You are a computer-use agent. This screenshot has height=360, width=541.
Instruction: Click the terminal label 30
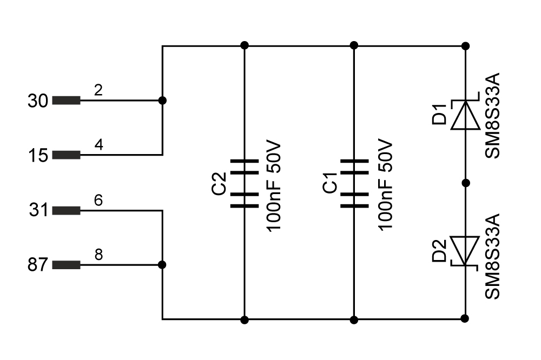coord(38,101)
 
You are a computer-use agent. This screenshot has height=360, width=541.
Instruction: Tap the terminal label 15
coord(38,156)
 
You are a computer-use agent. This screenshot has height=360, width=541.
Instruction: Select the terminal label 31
coord(38,210)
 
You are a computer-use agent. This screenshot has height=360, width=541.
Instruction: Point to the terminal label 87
coord(37,265)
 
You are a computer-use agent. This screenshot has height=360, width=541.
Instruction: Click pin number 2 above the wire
coord(98,90)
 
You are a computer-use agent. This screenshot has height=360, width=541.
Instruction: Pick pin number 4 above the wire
coord(98,145)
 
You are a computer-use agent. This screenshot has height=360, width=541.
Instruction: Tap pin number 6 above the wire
coord(98,200)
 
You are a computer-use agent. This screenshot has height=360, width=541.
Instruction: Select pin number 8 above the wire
coord(98,255)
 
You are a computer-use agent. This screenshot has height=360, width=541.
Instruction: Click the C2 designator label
coord(219,183)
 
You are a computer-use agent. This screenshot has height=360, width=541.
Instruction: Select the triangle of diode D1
coord(465,115)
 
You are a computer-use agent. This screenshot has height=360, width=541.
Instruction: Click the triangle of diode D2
coord(465,251)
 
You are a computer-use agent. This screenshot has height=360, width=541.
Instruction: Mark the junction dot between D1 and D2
coord(465,183)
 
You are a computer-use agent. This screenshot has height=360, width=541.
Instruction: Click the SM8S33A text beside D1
coord(492,116)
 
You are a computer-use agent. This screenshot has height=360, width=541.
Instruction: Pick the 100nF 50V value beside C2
coord(274,186)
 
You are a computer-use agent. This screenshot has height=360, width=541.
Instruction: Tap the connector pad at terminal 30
coord(66,101)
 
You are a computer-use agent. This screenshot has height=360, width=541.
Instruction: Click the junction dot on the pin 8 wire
coord(162,265)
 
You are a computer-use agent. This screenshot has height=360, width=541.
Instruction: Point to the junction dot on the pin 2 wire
coord(162,101)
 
